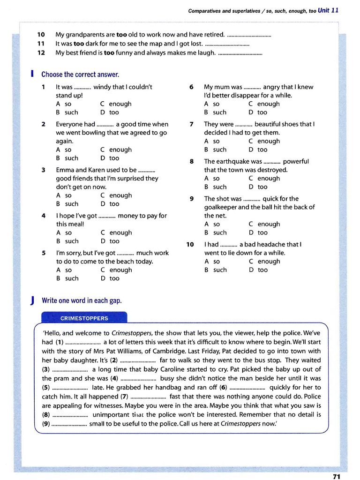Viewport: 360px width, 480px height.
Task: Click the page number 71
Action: tap(336, 476)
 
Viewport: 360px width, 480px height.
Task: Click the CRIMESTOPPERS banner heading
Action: tap(84, 318)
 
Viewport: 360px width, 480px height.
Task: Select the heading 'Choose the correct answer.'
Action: tap(80, 75)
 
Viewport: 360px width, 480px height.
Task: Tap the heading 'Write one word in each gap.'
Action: tap(82, 300)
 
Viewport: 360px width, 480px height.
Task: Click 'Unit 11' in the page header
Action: tap(328, 10)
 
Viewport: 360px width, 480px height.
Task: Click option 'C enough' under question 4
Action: tap(116, 232)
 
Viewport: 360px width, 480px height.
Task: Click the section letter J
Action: tap(31, 300)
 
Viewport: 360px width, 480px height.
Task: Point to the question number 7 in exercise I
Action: tap(191, 124)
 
